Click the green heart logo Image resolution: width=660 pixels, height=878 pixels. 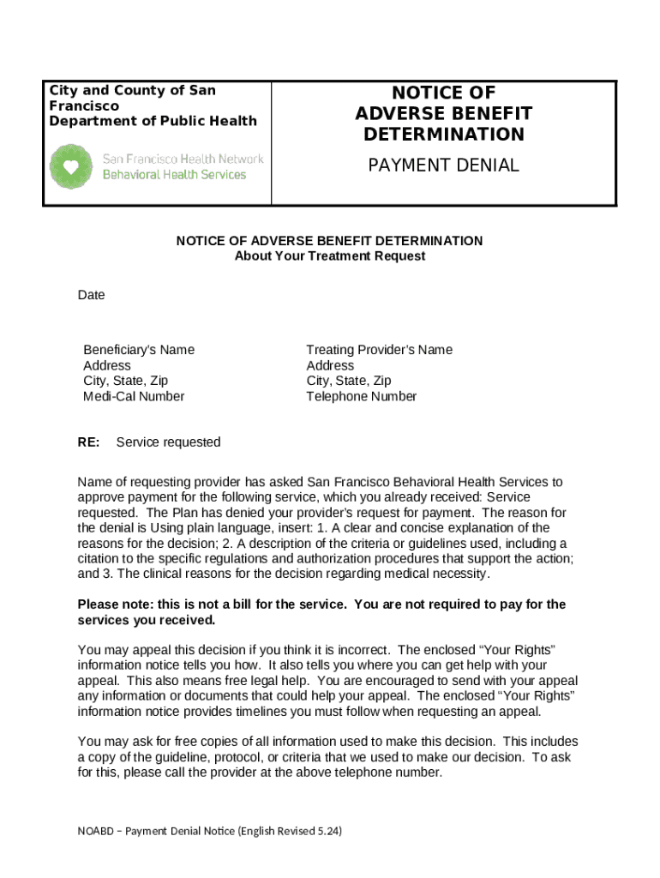click(x=71, y=166)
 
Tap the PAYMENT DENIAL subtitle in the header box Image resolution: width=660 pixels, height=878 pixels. click(x=443, y=165)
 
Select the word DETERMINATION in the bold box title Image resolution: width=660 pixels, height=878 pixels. click(x=443, y=135)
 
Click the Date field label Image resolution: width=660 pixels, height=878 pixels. click(x=91, y=295)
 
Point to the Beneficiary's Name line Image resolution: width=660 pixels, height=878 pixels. click(x=139, y=350)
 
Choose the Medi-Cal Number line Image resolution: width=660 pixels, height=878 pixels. click(x=134, y=396)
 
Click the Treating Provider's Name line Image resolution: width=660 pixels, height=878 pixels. click(x=379, y=350)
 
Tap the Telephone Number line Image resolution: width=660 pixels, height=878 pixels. click(x=361, y=396)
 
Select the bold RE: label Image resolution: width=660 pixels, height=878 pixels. click(x=88, y=442)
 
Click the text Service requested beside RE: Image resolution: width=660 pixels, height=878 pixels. click(x=168, y=442)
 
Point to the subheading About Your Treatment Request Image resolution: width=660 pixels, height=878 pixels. click(x=329, y=256)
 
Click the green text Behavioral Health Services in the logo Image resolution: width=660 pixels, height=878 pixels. click(x=174, y=175)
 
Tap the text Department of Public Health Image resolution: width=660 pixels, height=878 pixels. click(x=153, y=121)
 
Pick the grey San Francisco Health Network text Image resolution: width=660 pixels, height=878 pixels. click(x=183, y=159)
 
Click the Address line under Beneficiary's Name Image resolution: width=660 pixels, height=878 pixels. click(x=107, y=365)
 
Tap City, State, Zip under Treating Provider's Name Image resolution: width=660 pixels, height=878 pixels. click(x=348, y=381)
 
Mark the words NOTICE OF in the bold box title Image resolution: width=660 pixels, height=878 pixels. click(x=443, y=93)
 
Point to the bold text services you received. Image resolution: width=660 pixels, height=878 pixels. click(x=146, y=620)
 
